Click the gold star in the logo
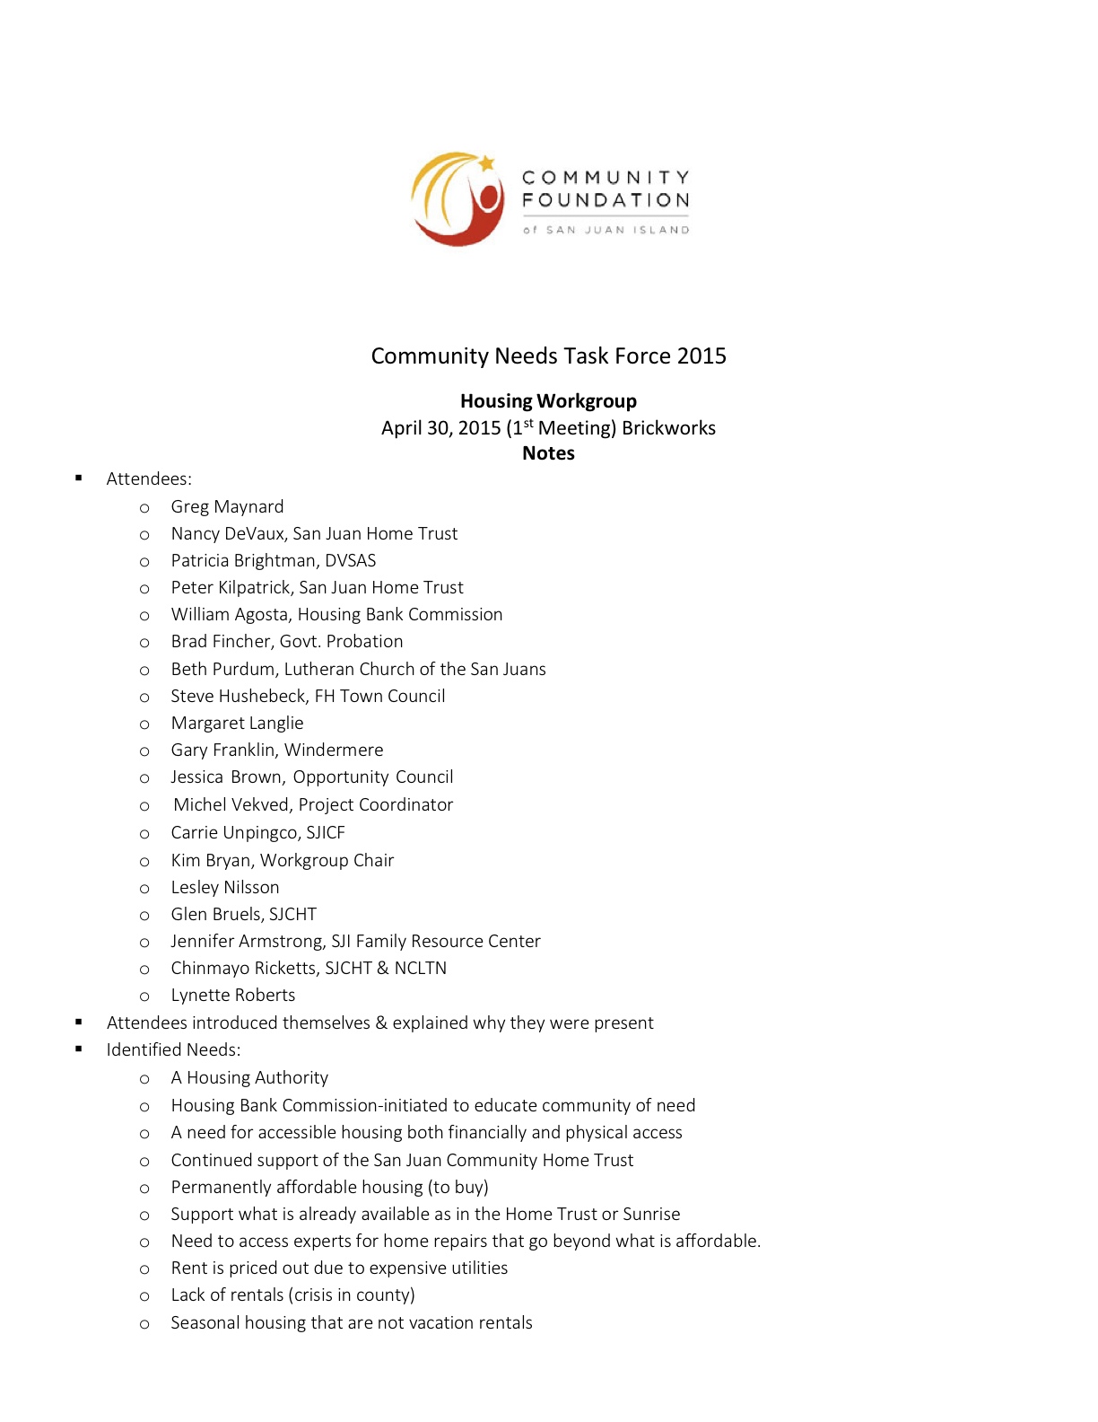[x=486, y=163]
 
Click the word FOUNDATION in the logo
[x=606, y=200]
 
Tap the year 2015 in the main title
[x=701, y=356]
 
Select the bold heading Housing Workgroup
[x=548, y=401]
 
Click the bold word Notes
[x=548, y=453]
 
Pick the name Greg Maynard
[x=227, y=507]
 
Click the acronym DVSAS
[x=351, y=561]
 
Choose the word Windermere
[x=334, y=750]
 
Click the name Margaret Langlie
[x=237, y=724]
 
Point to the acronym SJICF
[x=326, y=833]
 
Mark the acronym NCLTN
[x=420, y=969]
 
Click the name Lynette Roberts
[x=233, y=996]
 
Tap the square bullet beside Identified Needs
[x=79, y=1049]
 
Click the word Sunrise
[x=651, y=1215]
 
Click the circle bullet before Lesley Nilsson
[x=144, y=889]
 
